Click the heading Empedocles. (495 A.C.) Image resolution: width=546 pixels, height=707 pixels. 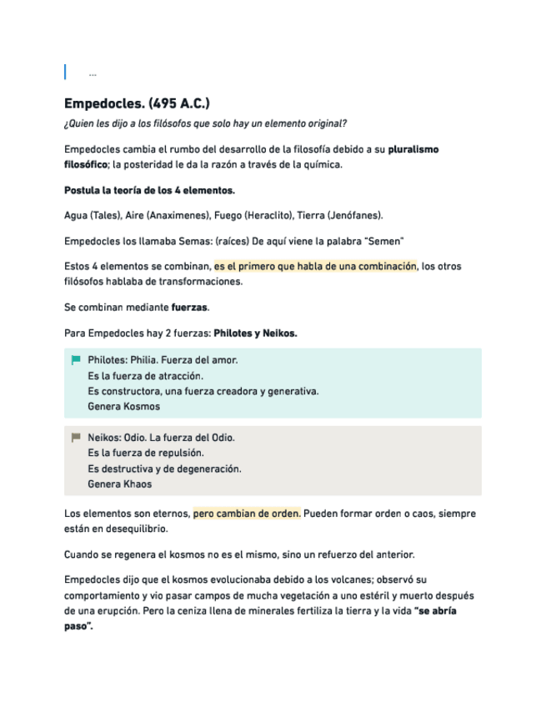point(137,103)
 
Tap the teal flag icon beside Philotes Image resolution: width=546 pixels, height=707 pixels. point(76,360)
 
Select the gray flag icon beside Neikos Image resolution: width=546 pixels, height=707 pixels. point(76,437)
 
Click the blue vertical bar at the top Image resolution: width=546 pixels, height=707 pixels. point(66,72)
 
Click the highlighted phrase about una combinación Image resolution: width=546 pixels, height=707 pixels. point(314,267)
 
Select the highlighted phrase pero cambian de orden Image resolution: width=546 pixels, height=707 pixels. point(247,514)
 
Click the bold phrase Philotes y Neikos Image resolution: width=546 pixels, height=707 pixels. point(255,333)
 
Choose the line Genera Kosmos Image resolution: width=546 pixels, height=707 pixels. point(123,407)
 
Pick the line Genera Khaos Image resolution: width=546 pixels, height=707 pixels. point(120,484)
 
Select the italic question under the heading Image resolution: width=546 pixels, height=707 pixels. point(205,124)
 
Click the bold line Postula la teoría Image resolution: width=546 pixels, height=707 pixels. point(149,190)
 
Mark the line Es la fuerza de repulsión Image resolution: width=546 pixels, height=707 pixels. point(146,453)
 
